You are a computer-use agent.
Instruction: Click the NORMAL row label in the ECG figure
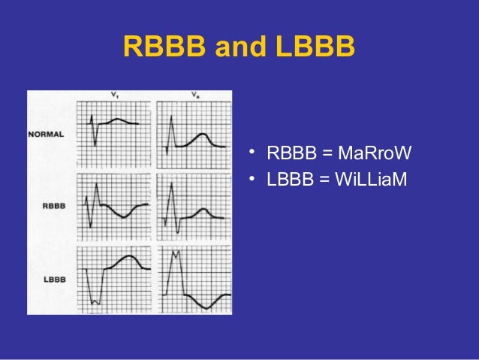click(x=46, y=135)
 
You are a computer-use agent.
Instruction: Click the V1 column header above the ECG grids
click(x=113, y=95)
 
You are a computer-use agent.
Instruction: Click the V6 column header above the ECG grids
click(x=194, y=95)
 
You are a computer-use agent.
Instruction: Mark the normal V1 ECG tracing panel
click(x=113, y=133)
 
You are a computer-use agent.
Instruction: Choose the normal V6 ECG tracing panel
click(x=194, y=133)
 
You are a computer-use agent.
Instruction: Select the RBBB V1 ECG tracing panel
click(x=113, y=207)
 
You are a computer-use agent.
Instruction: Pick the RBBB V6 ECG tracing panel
click(x=194, y=207)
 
